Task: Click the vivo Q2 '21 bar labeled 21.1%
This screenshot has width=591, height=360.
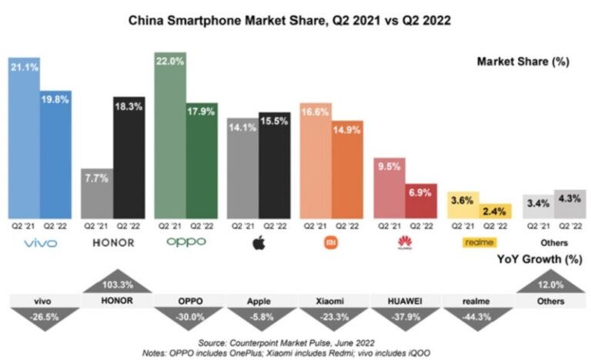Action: [x=24, y=138]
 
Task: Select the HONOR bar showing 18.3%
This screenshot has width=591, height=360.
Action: [x=129, y=158]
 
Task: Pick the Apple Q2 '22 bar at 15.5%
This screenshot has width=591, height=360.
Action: [x=275, y=165]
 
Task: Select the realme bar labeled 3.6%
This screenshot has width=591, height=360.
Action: [x=462, y=205]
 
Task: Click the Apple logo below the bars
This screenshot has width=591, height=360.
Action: [x=259, y=243]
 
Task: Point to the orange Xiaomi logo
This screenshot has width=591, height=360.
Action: [x=332, y=243]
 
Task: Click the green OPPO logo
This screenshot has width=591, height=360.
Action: [x=186, y=242]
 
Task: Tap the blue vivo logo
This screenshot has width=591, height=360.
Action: [x=40, y=243]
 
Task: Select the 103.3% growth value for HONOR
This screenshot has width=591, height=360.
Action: [x=113, y=284]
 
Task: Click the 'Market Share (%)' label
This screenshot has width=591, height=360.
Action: [x=523, y=62]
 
